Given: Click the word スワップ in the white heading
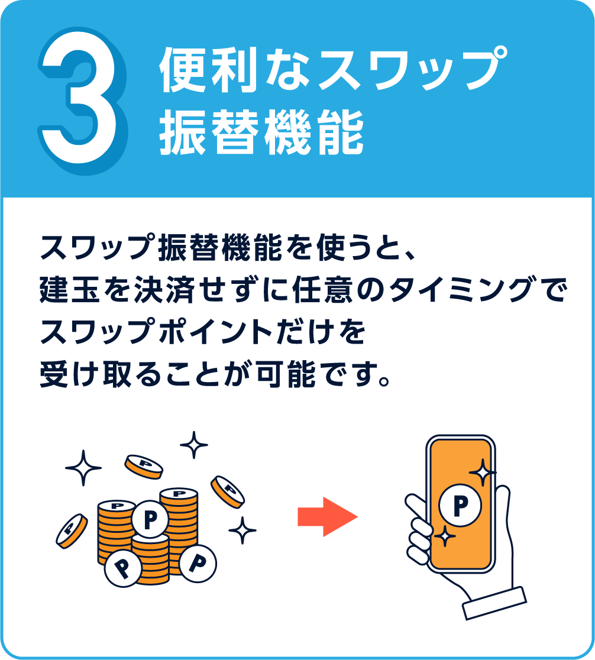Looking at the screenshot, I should (402, 70).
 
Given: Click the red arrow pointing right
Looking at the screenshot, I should (328, 516).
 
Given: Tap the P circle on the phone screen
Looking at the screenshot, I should (460, 504).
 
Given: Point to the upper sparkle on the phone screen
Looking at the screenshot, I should (481, 473).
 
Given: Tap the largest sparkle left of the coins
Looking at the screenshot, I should (83, 468).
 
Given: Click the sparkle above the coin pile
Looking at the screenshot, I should (193, 445).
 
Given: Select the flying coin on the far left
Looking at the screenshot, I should (72, 530).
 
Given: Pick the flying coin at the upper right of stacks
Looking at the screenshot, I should (228, 491).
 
